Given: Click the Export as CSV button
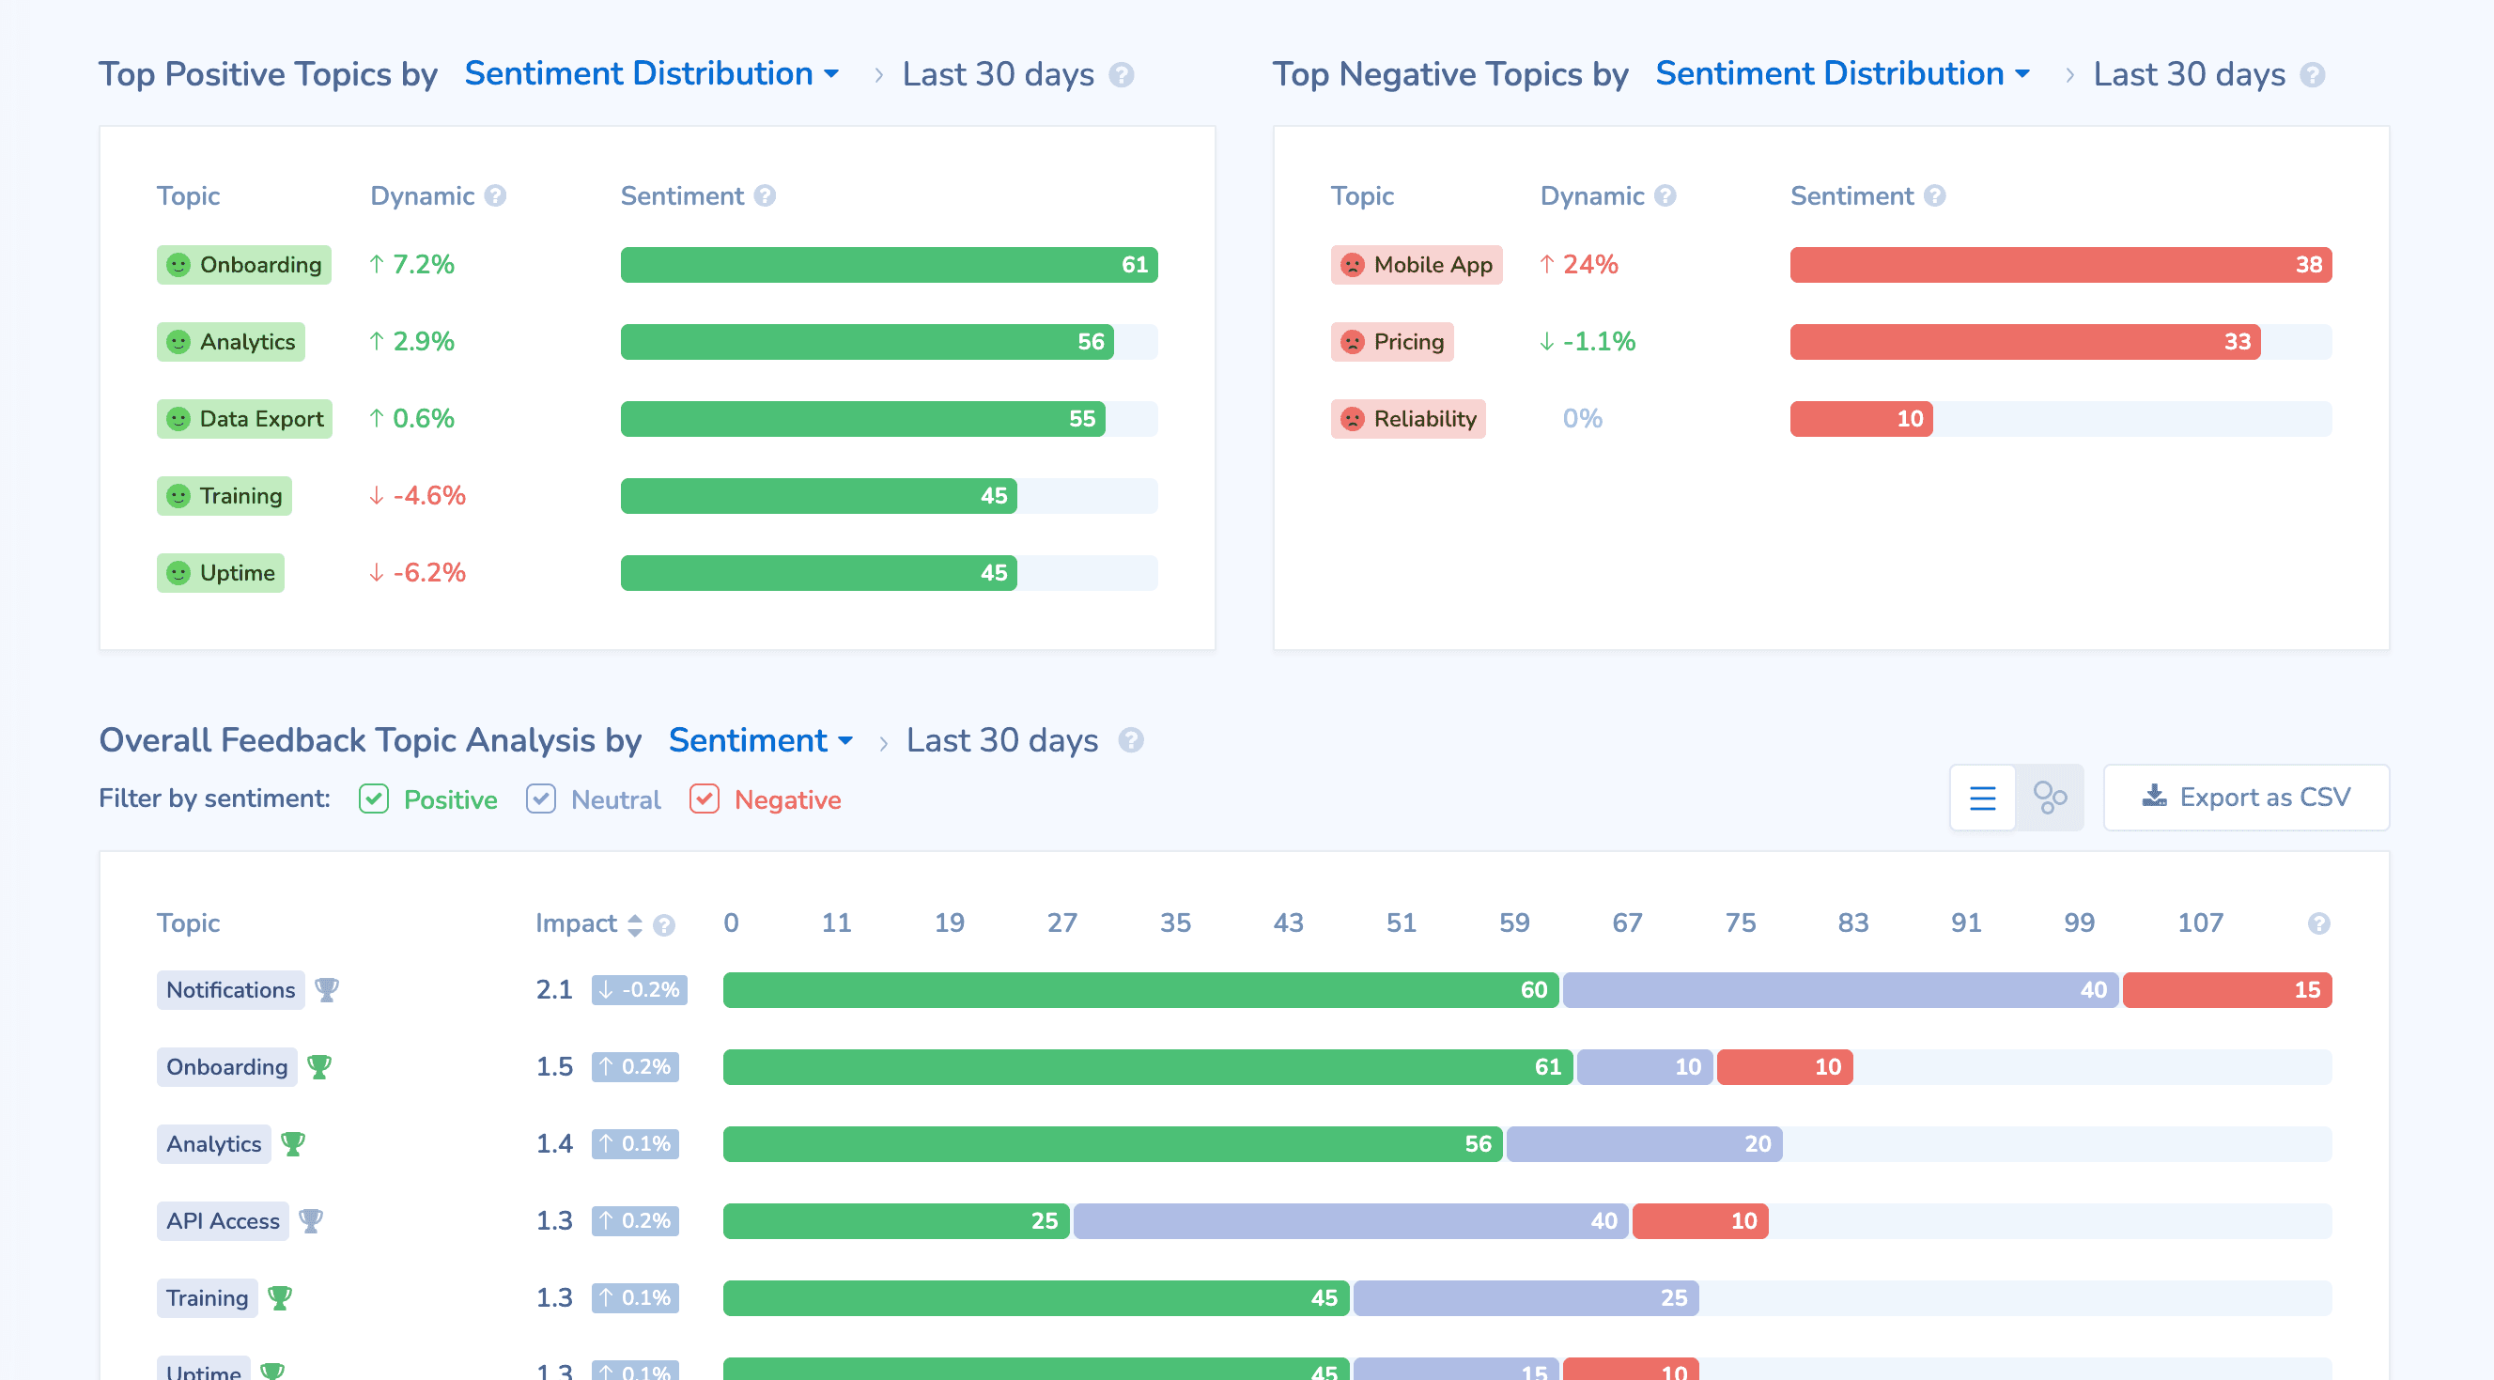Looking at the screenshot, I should click(x=2245, y=797).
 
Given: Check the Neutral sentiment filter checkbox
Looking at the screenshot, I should click(x=540, y=799).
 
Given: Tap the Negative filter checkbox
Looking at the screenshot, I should click(x=704, y=799).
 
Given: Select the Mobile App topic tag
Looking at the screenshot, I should click(x=1416, y=264).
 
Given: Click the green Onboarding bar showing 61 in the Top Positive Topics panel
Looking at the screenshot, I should click(x=888, y=264).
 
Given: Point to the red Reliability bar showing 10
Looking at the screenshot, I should click(x=1860, y=418).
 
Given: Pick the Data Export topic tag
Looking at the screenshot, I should click(x=244, y=418).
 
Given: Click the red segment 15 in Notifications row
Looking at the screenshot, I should click(x=2226, y=990).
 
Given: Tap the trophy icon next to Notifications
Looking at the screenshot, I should click(x=326, y=990).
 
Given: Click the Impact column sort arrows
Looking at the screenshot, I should click(x=635, y=923).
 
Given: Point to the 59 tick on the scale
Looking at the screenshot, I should click(x=1513, y=922).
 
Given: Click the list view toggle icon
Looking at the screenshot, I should click(x=1982, y=798).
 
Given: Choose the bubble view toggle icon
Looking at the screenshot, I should click(x=2049, y=798).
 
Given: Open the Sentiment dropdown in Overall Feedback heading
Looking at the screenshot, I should click(x=760, y=740).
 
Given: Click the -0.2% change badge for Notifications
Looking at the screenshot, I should click(x=639, y=990).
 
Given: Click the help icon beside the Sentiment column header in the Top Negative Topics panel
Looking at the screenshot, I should click(x=1934, y=195).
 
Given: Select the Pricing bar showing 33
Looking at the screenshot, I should click(x=2023, y=342).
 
